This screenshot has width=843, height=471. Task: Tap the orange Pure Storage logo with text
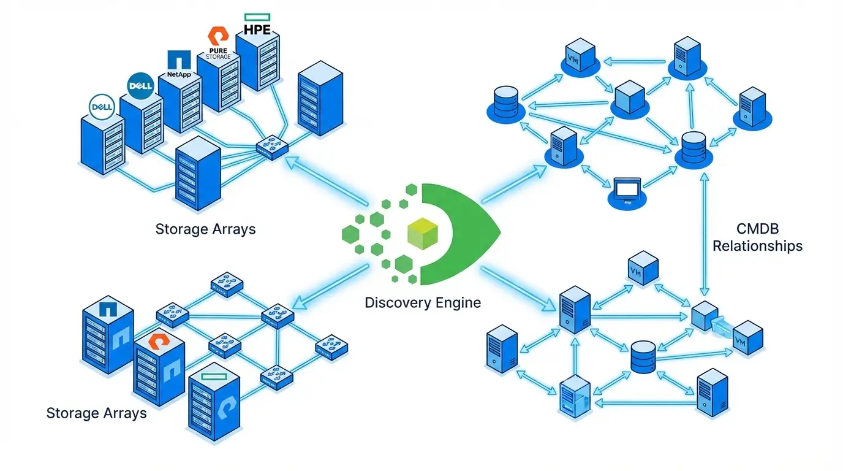click(219, 43)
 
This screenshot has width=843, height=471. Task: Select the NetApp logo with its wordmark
click(179, 65)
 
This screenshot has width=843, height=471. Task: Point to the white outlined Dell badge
click(102, 107)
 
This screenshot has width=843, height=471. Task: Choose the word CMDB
click(757, 229)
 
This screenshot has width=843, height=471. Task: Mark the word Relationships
click(757, 247)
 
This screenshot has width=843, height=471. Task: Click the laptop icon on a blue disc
click(628, 191)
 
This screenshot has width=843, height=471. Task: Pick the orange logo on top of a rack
click(159, 339)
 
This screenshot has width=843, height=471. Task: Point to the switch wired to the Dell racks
click(271, 147)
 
